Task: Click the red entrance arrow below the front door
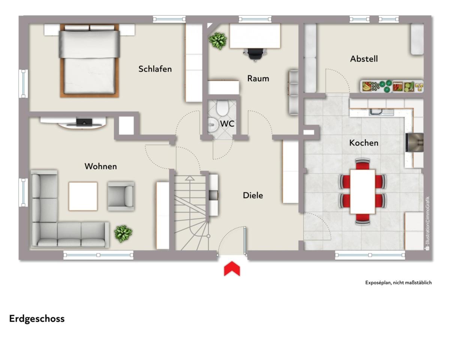click(232, 268)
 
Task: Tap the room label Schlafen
click(155, 69)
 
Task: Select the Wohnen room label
click(100, 166)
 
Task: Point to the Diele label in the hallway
click(253, 195)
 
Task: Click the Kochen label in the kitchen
click(364, 143)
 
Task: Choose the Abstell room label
click(364, 59)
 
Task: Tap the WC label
click(227, 124)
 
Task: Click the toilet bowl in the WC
click(222, 108)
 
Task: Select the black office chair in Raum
click(255, 54)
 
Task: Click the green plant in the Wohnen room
click(123, 234)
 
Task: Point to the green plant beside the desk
click(217, 41)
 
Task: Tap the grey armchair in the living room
click(121, 196)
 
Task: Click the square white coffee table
click(83, 196)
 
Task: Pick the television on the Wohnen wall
click(84, 122)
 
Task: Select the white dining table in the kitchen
click(363, 192)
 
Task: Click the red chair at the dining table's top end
click(363, 164)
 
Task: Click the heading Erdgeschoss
click(37, 319)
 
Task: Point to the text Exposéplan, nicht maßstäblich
click(398, 283)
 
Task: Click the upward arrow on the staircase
click(190, 178)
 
